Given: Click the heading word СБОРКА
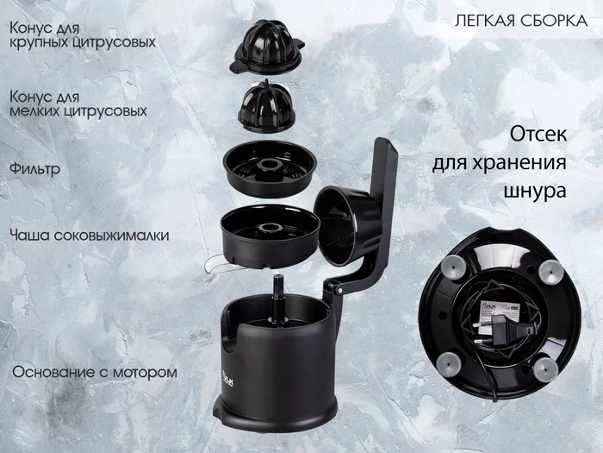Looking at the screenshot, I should (x=550, y=21).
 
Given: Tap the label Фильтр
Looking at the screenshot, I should (x=35, y=169).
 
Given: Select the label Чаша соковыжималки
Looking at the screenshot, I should (x=90, y=235).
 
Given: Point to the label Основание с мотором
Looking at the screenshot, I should (x=94, y=373).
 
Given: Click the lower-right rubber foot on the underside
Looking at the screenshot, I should (x=544, y=368).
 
